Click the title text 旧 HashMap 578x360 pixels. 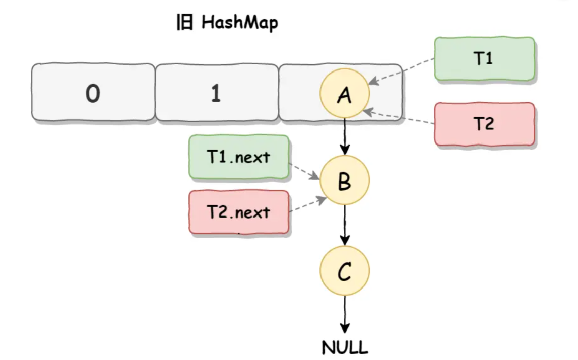coord(227,23)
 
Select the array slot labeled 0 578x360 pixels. coord(93,94)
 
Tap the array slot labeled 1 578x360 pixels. coord(216,94)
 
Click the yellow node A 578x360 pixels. coord(345,94)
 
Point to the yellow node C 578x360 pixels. coord(345,272)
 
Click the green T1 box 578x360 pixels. coord(484,59)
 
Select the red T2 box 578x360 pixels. coord(484,124)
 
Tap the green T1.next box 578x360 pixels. coord(239,157)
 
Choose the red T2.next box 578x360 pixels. coord(239,212)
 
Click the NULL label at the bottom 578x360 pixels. coord(345,347)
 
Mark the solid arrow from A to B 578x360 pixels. coord(345,136)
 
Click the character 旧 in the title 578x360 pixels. coord(184,23)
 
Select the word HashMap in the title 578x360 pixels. coord(240,23)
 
